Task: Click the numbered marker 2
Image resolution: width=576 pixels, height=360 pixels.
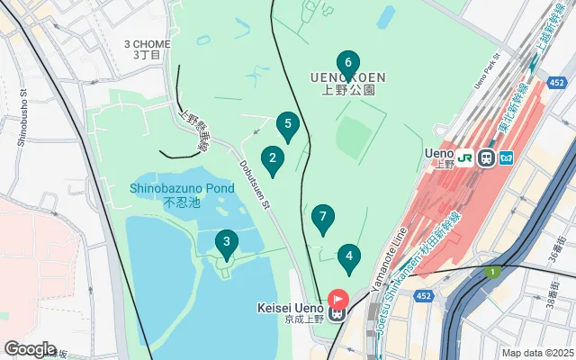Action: (x=273, y=159)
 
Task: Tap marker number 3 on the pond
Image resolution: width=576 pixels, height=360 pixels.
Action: (x=226, y=242)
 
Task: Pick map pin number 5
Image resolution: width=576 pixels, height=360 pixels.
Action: (x=287, y=125)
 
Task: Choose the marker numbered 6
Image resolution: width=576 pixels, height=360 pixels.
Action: (x=347, y=63)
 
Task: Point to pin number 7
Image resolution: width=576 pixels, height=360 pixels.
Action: (x=322, y=218)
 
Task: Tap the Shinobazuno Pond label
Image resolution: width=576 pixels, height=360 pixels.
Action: (x=182, y=189)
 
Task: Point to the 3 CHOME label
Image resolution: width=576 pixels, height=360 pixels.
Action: (x=147, y=43)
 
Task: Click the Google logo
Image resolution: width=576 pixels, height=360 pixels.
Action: (x=31, y=348)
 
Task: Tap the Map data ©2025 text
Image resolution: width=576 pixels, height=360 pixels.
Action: (x=536, y=353)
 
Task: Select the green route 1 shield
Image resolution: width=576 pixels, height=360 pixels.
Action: (x=492, y=272)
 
